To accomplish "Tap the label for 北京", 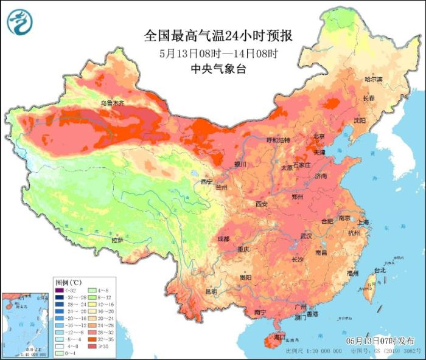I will point(319,136).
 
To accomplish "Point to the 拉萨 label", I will point(117,240).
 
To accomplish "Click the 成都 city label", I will point(223,239).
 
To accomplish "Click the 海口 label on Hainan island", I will point(279,336).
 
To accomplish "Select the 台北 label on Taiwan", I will point(379,269).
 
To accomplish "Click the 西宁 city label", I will point(208,181).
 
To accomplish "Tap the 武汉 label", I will point(306,235).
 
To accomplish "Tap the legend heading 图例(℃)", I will point(68,282).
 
